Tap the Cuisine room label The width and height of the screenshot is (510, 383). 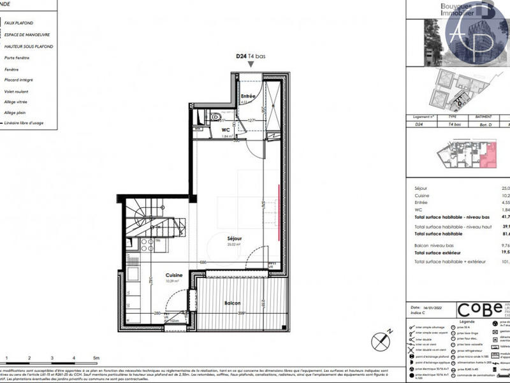(172, 275)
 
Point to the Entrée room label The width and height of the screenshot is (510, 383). (248, 96)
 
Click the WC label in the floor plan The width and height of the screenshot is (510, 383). (225, 129)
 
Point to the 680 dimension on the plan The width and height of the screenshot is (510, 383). (203, 263)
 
